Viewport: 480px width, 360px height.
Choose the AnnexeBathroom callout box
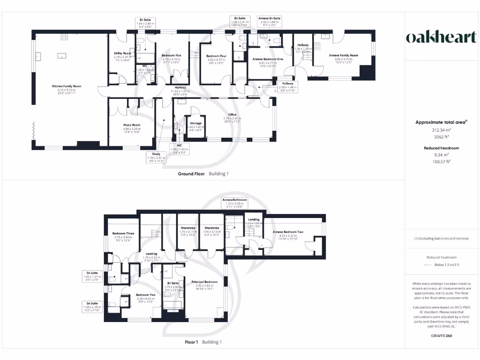[234, 202]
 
